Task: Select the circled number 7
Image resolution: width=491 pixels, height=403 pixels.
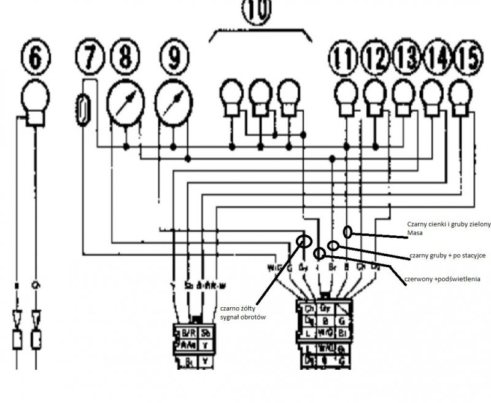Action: (x=90, y=58)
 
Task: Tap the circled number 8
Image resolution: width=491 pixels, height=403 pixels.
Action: (x=125, y=58)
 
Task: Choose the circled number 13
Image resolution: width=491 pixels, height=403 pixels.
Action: (x=405, y=58)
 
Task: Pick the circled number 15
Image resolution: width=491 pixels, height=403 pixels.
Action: (x=468, y=58)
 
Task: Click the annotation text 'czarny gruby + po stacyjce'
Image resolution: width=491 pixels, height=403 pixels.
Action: (x=447, y=256)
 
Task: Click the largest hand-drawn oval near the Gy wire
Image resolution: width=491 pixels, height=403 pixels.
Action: (x=303, y=240)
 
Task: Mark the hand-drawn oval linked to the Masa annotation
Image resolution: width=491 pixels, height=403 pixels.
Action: (x=348, y=232)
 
